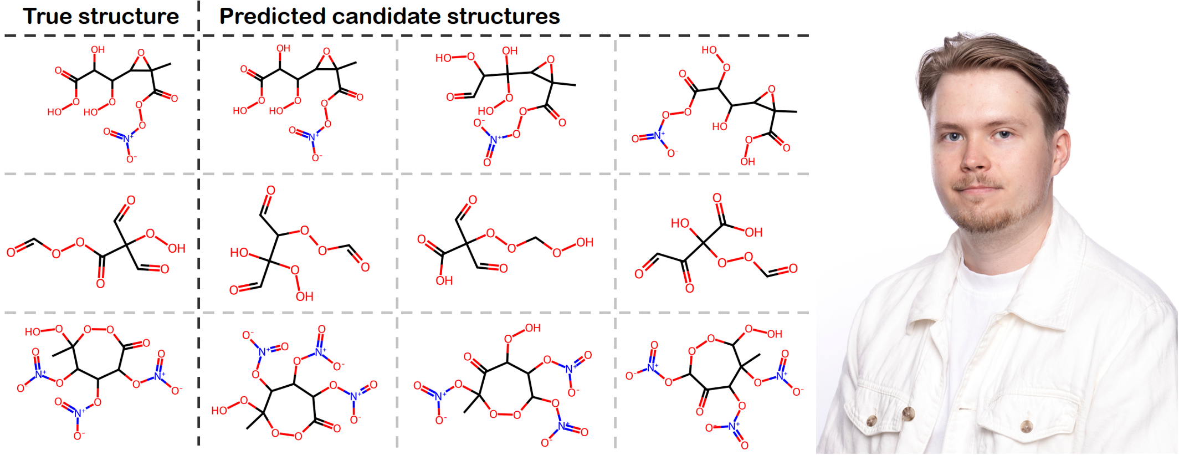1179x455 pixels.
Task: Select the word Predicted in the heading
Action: (x=272, y=17)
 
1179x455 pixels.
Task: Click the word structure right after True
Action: (x=129, y=17)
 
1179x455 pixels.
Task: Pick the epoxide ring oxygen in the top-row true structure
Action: (x=141, y=53)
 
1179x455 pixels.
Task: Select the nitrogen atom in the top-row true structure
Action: (x=127, y=138)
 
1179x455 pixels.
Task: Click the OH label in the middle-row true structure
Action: (x=176, y=248)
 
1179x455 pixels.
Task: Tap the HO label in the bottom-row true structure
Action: (x=32, y=331)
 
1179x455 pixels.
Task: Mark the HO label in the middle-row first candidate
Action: (x=239, y=253)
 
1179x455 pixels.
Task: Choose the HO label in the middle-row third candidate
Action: (x=680, y=223)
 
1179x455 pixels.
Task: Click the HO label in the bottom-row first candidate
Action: (x=219, y=410)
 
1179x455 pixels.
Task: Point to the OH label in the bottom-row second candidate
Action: (x=533, y=328)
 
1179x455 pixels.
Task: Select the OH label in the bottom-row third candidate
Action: (x=775, y=334)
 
